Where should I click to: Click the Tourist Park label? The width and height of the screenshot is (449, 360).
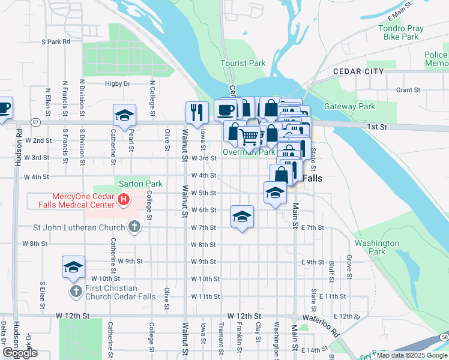pos(243,63)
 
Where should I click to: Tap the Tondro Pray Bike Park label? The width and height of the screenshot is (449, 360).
pos(401,32)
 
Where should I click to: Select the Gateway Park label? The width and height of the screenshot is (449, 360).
pos(349,107)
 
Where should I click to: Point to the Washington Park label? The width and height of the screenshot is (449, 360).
pos(377,248)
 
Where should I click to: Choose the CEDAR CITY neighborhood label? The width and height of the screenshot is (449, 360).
pos(358,71)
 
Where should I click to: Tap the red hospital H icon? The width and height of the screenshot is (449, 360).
pos(123,199)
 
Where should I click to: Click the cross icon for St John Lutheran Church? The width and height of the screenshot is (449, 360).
pos(135,227)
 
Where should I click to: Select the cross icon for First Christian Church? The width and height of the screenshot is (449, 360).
pos(76,292)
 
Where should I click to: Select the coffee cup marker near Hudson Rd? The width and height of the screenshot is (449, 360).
pos(4,107)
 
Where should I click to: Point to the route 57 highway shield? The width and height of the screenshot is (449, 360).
pos(36,122)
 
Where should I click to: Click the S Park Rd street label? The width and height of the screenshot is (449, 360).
pos(56,42)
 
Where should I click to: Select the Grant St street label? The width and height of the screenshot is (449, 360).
pos(408,90)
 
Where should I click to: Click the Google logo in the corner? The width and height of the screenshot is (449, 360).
pos(20,353)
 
